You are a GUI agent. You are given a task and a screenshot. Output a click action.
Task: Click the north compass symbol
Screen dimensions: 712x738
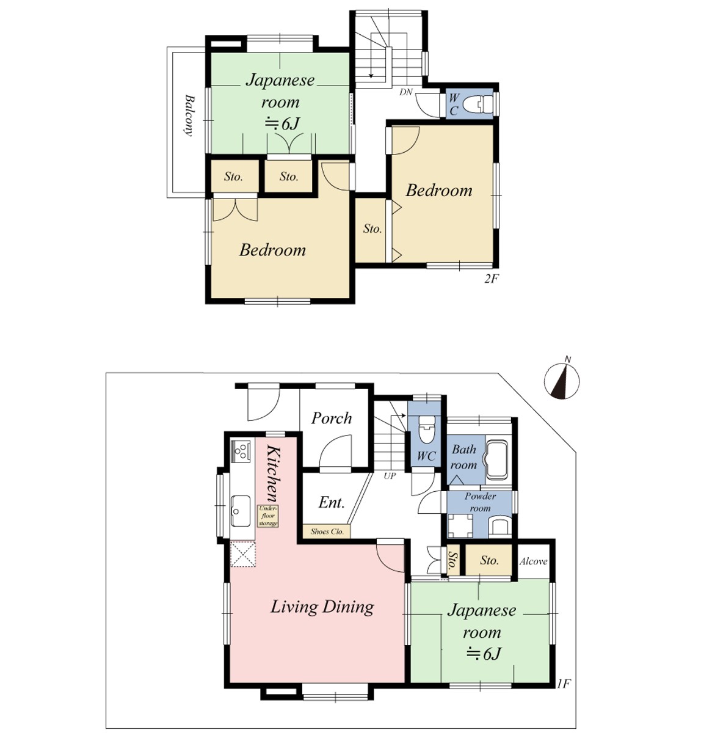click(x=562, y=380)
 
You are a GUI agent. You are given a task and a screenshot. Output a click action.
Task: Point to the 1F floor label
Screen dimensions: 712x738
click(x=564, y=684)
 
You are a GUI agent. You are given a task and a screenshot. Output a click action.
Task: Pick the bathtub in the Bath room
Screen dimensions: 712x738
click(x=498, y=459)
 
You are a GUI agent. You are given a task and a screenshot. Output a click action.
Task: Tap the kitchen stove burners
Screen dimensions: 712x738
click(x=241, y=451)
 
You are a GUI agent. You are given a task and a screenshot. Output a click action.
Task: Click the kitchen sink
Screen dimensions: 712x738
click(x=241, y=511)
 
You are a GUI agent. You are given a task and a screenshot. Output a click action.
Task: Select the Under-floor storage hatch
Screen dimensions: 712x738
click(x=267, y=516)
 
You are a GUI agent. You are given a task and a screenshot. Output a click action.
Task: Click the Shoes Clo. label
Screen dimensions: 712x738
click(x=327, y=532)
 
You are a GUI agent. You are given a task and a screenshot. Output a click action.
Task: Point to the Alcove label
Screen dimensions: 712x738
click(x=533, y=561)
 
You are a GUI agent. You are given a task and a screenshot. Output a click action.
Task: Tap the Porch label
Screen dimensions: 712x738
click(x=332, y=418)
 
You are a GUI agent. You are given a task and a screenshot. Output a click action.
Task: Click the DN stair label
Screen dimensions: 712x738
click(x=405, y=92)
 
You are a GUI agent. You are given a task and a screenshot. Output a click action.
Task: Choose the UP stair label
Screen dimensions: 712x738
click(x=390, y=476)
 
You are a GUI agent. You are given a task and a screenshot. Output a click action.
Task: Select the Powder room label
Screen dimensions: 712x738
click(x=480, y=502)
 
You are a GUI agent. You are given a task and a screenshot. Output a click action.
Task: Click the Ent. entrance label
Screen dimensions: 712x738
click(x=332, y=503)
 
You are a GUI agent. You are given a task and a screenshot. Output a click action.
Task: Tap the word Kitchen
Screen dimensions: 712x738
click(x=274, y=473)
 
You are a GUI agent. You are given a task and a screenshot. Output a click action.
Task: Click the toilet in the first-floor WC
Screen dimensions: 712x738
click(x=426, y=429)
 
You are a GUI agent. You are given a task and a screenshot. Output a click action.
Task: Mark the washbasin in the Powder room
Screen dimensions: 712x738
click(x=500, y=525)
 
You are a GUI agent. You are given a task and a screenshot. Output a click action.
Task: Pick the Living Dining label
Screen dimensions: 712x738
click(x=322, y=607)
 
